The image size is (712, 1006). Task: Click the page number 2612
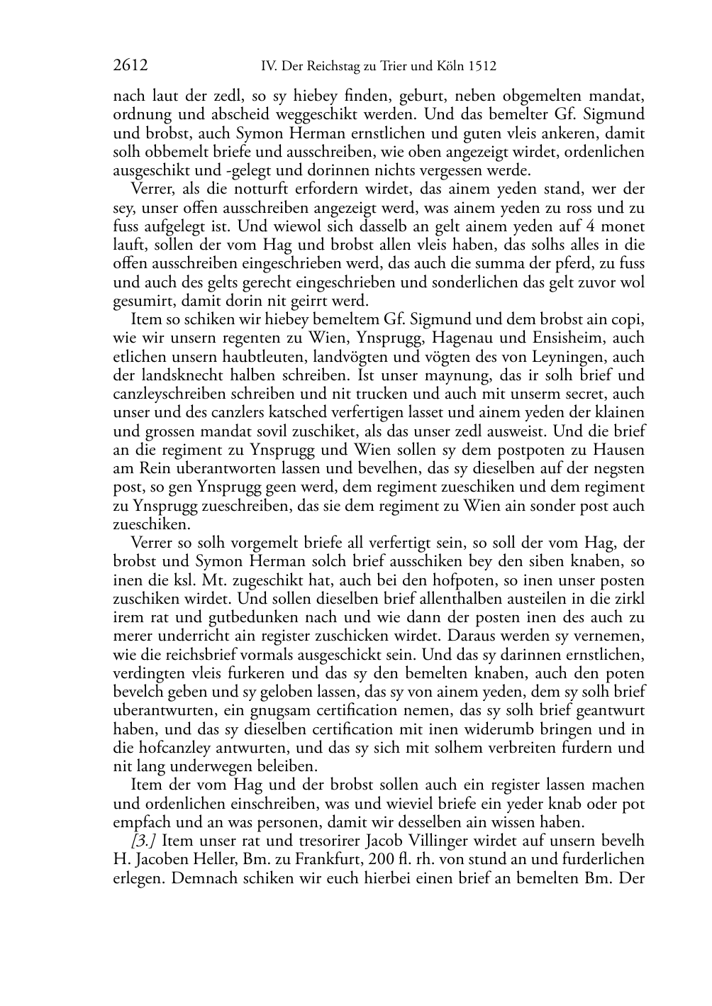[x=130, y=67]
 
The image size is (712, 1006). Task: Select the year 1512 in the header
[x=482, y=67]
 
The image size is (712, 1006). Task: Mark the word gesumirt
[x=142, y=301]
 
